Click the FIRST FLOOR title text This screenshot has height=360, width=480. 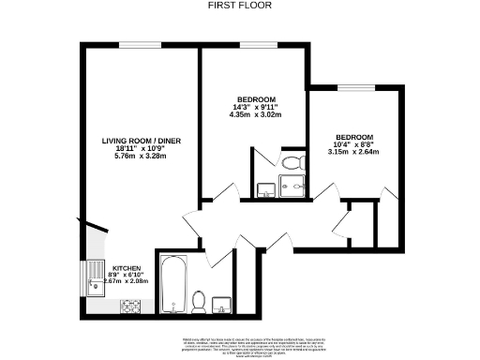[240, 5]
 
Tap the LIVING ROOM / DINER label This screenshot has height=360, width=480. [142, 141]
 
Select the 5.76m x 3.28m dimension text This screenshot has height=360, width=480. [142, 157]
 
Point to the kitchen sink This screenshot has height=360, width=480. [95, 277]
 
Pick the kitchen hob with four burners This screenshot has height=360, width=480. [130, 306]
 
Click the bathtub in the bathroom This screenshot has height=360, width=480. [172, 283]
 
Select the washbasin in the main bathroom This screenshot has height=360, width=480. [223, 304]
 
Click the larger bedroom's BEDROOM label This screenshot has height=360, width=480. [255, 100]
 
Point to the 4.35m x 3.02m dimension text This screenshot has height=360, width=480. [255, 116]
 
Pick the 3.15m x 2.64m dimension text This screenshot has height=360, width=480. [355, 152]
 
